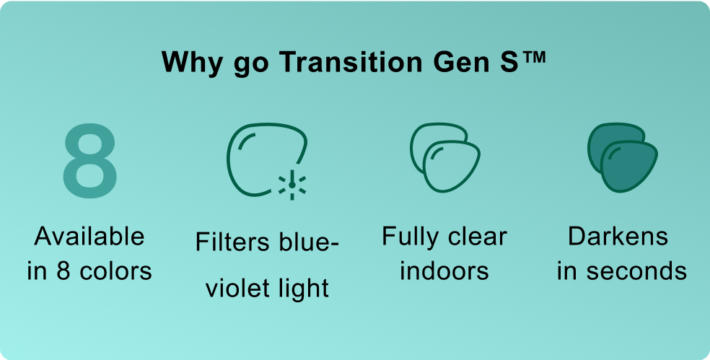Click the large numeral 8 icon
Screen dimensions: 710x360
(x=89, y=161)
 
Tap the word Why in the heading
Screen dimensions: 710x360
(x=192, y=63)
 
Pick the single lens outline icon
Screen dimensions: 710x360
(x=267, y=159)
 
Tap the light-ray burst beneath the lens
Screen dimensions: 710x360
(x=292, y=185)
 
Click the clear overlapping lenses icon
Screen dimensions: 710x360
(x=444, y=157)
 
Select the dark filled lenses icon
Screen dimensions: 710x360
(x=622, y=157)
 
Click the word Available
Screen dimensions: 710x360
(x=89, y=237)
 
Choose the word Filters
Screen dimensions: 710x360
(x=227, y=242)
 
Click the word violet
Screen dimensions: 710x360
(x=235, y=289)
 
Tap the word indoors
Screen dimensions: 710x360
(x=444, y=271)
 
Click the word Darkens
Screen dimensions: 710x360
(x=618, y=237)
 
